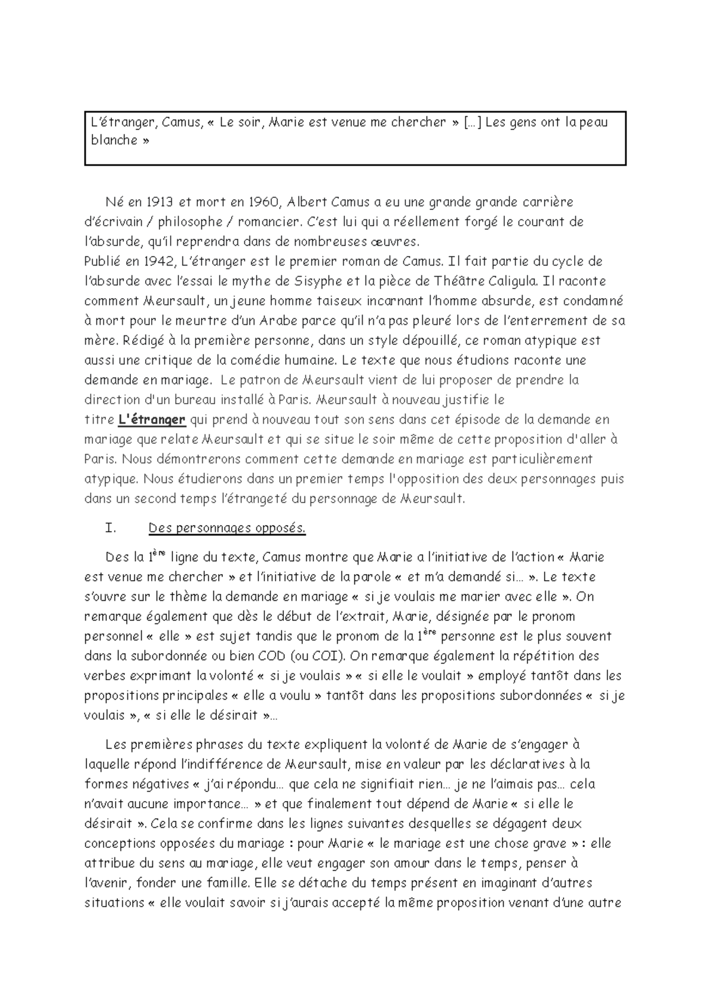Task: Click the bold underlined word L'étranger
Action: [152, 420]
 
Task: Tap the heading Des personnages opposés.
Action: [227, 528]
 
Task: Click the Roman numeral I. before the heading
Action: [110, 528]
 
